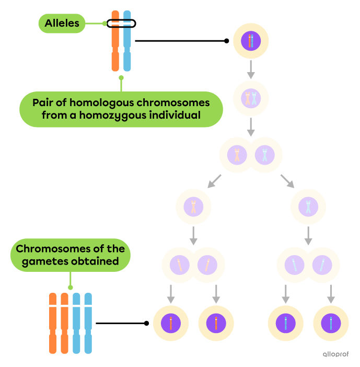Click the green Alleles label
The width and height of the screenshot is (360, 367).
pyautogui.click(x=62, y=24)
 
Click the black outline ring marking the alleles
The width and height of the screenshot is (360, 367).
pyautogui.click(x=121, y=24)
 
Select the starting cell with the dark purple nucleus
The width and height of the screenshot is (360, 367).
pyautogui.click(x=251, y=41)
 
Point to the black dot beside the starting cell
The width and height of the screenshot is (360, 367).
pyautogui.click(x=226, y=41)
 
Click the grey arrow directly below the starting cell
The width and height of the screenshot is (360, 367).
pyautogui.click(x=251, y=69)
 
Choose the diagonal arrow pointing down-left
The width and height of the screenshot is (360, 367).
pyautogui.click(x=214, y=181)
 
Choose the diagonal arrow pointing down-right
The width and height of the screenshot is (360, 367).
pyautogui.click(x=287, y=181)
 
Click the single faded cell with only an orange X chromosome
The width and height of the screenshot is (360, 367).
pyautogui.click(x=193, y=207)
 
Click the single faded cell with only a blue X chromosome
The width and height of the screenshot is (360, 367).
pyautogui.click(x=308, y=207)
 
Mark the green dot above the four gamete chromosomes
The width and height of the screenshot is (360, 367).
pyautogui.click(x=71, y=287)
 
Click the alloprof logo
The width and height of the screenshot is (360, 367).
pyautogui.click(x=335, y=353)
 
